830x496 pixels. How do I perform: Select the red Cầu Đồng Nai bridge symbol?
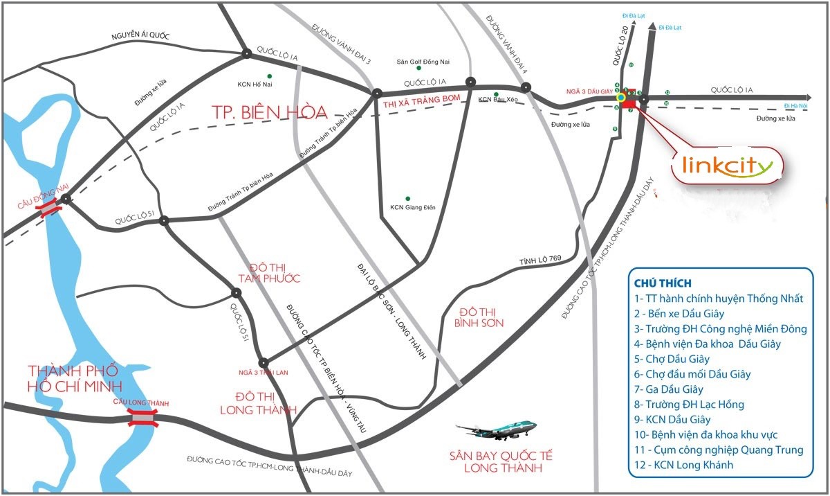coord(48,209)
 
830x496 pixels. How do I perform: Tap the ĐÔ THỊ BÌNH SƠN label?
coord(479,317)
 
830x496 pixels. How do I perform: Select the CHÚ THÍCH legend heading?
coord(663,283)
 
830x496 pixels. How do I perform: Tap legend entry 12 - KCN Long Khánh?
coord(683,465)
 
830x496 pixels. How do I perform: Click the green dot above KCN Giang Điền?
coord(408,198)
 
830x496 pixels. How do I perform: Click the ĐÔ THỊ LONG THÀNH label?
coord(257,402)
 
